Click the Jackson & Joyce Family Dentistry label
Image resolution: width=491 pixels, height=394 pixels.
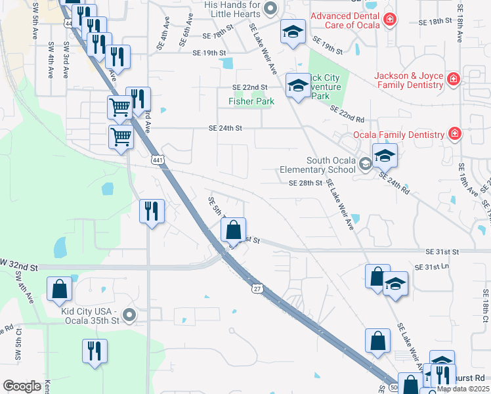click(x=408, y=80)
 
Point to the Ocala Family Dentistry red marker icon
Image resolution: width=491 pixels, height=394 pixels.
click(x=454, y=135)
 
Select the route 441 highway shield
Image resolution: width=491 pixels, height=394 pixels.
click(x=157, y=160)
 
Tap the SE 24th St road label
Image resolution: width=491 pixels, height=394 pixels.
click(x=226, y=128)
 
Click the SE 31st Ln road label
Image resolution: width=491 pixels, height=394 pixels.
click(x=431, y=267)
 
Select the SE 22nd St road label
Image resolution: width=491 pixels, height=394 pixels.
click(x=250, y=87)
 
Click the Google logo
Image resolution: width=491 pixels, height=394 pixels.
click(x=22, y=386)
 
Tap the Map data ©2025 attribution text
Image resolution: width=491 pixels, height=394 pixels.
click(x=463, y=389)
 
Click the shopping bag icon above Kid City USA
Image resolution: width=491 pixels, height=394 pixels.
click(x=59, y=288)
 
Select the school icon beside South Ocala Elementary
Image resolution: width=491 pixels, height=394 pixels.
click(x=385, y=156)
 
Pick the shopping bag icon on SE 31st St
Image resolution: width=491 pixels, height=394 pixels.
click(x=233, y=230)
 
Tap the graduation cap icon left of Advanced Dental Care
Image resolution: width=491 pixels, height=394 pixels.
click(x=293, y=31)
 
